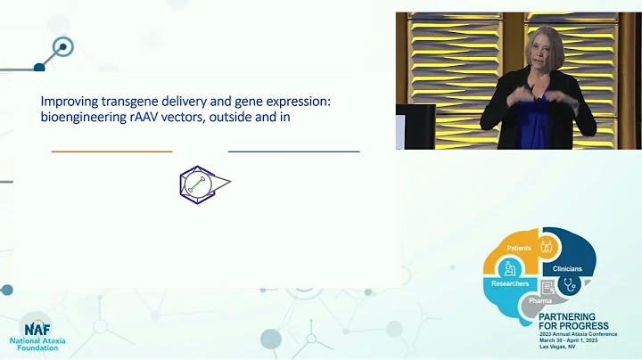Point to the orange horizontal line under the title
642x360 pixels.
[111, 151]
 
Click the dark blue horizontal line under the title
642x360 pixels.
[293, 151]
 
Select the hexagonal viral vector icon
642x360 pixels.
[202, 184]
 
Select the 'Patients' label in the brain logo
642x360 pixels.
[519, 248]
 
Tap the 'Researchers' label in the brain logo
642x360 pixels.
[510, 283]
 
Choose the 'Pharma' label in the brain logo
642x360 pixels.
[540, 301]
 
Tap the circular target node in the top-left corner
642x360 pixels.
[62, 47]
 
